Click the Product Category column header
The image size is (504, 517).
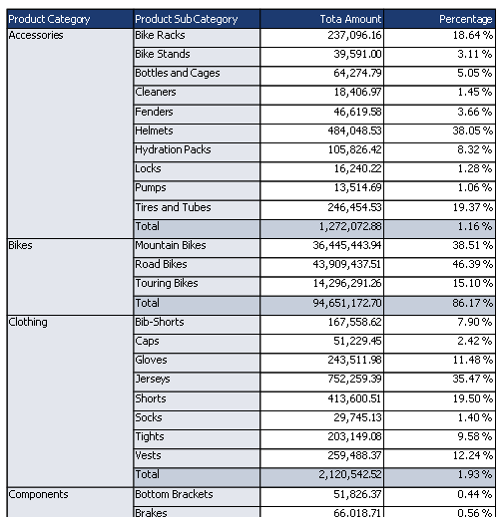[x=70, y=19]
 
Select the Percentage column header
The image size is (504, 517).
[x=439, y=19]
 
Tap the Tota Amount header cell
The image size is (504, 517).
[x=321, y=19]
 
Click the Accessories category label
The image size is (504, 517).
[x=36, y=35]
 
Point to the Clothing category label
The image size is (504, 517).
[x=28, y=322]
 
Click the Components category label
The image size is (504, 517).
[x=38, y=494]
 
